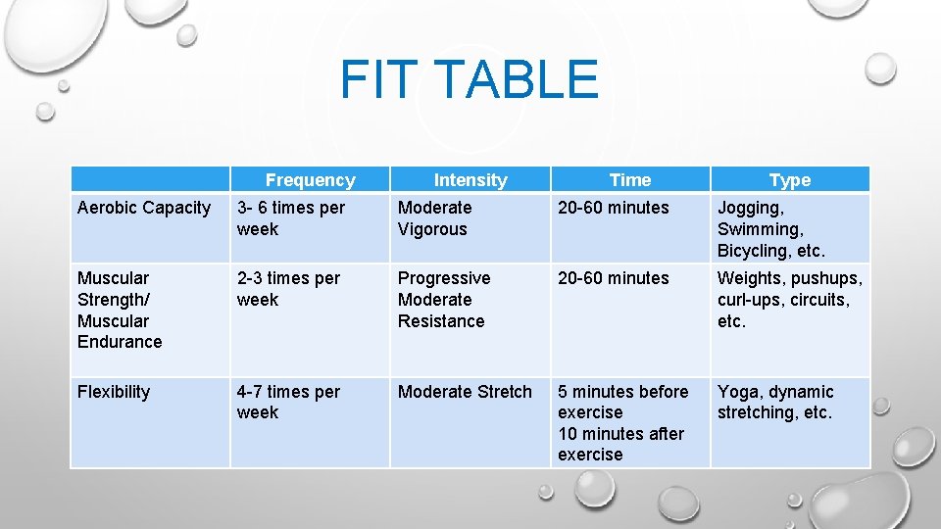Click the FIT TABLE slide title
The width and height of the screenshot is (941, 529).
pyautogui.click(x=469, y=79)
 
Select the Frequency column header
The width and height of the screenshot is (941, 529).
pyautogui.click(x=310, y=180)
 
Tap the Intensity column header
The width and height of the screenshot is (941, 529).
pyautogui.click(x=470, y=180)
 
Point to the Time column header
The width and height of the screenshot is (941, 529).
pyautogui.click(x=629, y=180)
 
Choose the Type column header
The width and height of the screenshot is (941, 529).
pyautogui.click(x=790, y=180)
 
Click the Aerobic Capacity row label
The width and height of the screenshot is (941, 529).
pyautogui.click(x=144, y=208)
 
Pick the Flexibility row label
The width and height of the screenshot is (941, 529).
pyautogui.click(x=114, y=392)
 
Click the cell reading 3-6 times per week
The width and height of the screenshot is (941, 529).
pyautogui.click(x=290, y=218)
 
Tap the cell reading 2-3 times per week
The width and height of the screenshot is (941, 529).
pyautogui.click(x=288, y=289)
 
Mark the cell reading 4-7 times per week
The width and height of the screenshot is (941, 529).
pyautogui.click(x=288, y=402)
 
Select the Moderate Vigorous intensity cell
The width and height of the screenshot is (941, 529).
pyautogui.click(x=435, y=218)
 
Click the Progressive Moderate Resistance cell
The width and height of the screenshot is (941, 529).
pyautogui.click(x=443, y=300)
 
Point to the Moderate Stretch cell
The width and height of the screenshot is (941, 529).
pyautogui.click(x=465, y=392)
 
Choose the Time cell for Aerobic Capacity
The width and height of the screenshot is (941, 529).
pyautogui.click(x=614, y=208)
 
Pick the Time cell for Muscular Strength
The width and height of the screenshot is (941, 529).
pyautogui.click(x=614, y=278)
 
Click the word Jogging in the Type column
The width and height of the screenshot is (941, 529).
pyautogui.click(x=750, y=208)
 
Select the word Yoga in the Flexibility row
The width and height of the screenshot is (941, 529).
pyautogui.click(x=736, y=392)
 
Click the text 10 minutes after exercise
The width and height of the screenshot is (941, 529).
pyautogui.click(x=621, y=444)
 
